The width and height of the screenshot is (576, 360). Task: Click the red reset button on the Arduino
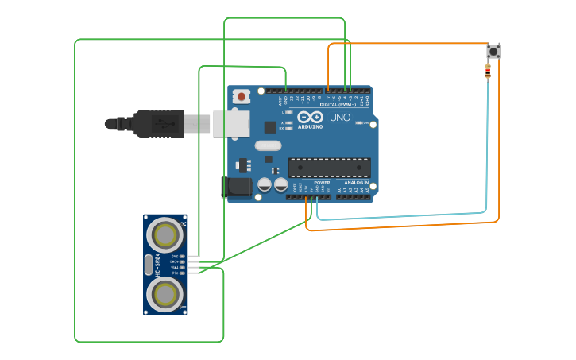(242, 97)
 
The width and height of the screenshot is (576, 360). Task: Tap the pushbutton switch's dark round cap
(493, 52)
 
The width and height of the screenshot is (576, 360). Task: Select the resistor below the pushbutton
(488, 72)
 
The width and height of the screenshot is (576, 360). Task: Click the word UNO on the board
(340, 118)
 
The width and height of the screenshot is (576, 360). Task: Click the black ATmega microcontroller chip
(329, 168)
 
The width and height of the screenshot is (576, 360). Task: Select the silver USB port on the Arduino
(231, 122)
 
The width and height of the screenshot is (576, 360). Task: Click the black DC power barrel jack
(237, 188)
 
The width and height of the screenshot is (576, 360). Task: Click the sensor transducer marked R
(166, 234)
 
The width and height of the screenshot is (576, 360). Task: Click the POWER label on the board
(322, 183)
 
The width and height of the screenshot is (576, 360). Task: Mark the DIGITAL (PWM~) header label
(337, 104)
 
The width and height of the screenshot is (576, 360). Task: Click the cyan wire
(486, 159)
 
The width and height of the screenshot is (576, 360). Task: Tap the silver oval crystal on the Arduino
(269, 145)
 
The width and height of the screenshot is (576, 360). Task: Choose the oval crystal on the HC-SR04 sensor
(148, 265)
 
